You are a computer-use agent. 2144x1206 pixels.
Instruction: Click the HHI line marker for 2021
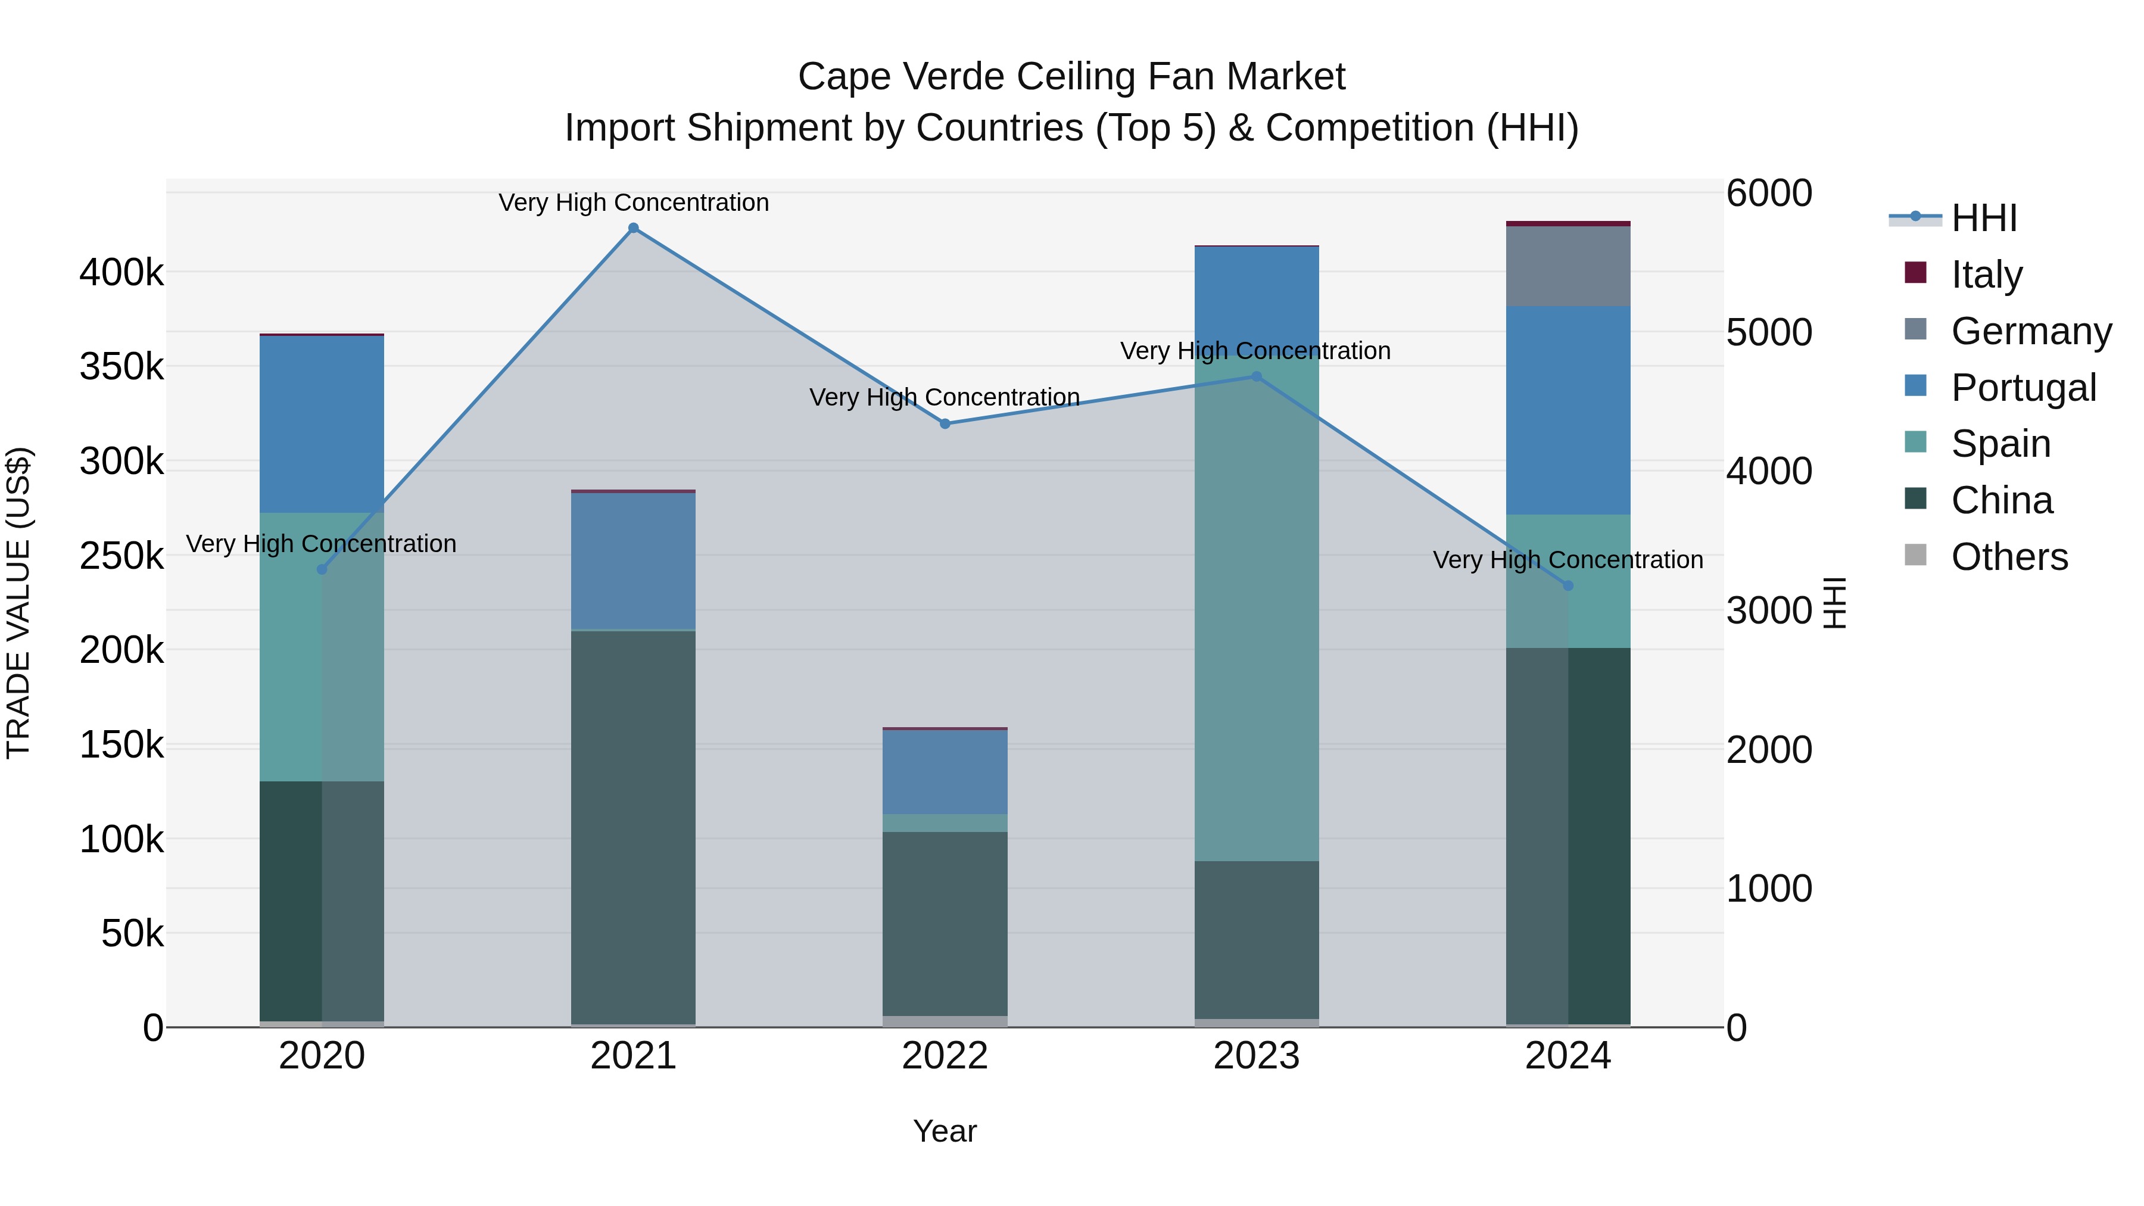(x=634, y=228)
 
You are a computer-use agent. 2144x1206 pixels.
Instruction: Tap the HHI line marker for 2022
(x=945, y=423)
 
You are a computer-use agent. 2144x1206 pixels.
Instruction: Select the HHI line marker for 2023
(x=1257, y=376)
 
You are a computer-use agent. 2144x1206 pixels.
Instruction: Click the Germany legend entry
(x=2031, y=331)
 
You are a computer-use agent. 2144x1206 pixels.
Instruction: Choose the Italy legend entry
(x=1986, y=274)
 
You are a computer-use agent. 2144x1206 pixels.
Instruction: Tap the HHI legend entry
(x=1983, y=218)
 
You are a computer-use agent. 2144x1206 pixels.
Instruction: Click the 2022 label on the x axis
(x=945, y=1056)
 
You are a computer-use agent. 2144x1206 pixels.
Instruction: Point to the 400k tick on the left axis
(x=121, y=272)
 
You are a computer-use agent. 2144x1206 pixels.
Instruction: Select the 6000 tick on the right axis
(x=1769, y=193)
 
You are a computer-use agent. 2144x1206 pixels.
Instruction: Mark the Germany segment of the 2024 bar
(x=1568, y=266)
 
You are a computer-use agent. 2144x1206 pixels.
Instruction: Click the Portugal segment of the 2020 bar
(x=322, y=425)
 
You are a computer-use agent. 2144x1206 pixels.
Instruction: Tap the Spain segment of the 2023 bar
(x=1257, y=607)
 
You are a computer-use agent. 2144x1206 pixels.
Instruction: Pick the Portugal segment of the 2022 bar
(x=945, y=771)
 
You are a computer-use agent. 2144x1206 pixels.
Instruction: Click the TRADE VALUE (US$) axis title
(x=18, y=603)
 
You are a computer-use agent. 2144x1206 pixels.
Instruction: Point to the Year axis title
(x=945, y=1131)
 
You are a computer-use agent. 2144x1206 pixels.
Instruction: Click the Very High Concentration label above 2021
(x=634, y=202)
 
